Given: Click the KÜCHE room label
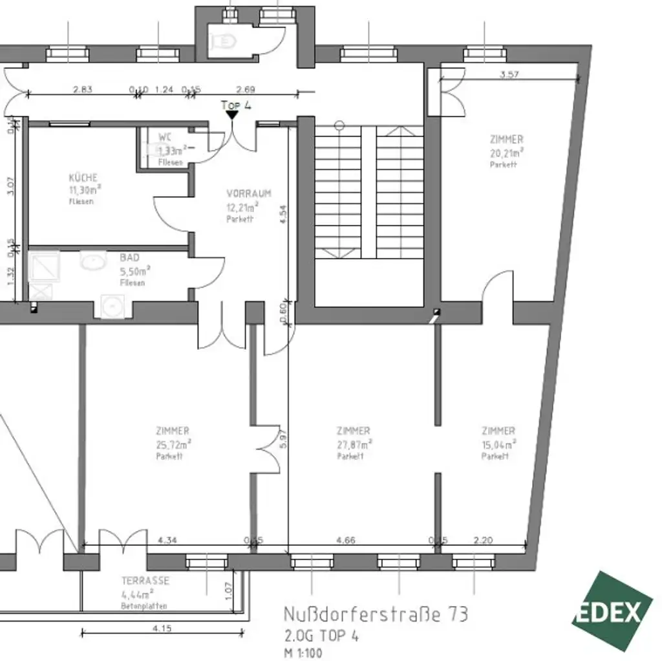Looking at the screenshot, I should [83, 178].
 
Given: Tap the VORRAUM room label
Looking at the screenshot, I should [248, 193].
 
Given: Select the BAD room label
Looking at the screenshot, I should [129, 257].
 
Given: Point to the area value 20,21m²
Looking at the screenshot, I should [506, 153].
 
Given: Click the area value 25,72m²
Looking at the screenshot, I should [173, 444].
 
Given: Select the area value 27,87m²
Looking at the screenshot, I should [354, 444].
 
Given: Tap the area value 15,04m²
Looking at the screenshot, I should [498, 444].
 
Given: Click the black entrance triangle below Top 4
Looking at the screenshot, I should [231, 115].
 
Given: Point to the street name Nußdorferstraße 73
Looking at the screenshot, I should [376, 614].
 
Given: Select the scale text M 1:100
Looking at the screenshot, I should [303, 653].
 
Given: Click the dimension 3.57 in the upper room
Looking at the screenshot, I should [509, 74].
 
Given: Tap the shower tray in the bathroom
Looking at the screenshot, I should [44, 267].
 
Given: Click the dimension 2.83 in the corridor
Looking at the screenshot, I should [83, 90].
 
